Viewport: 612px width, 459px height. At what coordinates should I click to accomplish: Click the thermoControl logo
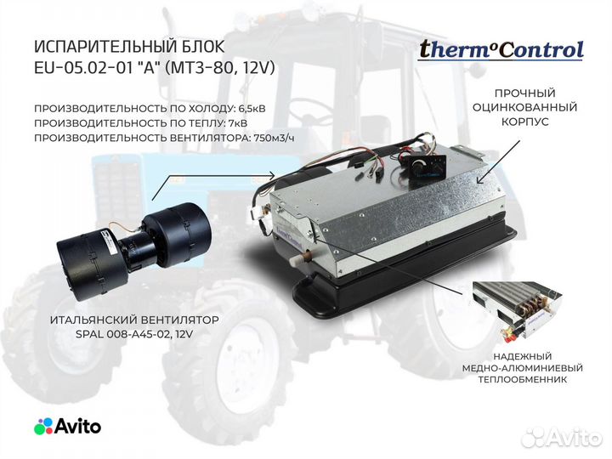(501, 49)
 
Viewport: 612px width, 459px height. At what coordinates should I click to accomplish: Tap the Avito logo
(67, 426)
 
